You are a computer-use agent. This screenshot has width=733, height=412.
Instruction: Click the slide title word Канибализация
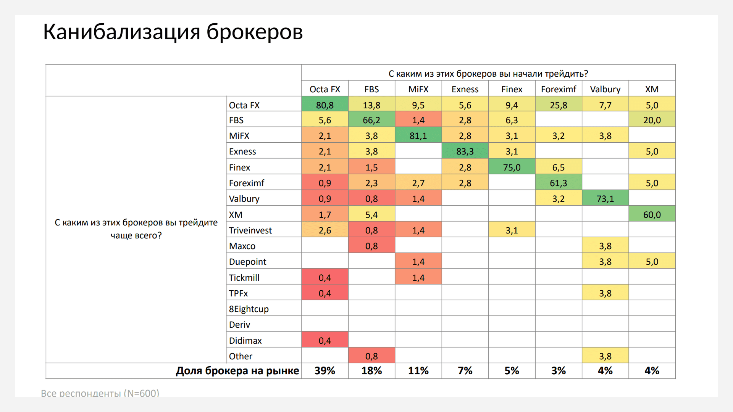121,32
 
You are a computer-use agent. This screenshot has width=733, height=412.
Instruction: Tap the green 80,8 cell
325,105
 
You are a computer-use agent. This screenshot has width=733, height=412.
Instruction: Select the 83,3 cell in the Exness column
465,151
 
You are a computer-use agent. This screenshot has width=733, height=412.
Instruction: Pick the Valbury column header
605,89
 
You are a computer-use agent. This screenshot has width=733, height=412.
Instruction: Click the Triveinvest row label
250,230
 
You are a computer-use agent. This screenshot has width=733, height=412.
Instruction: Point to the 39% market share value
325,371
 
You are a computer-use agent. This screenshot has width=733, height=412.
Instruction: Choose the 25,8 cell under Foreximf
558,105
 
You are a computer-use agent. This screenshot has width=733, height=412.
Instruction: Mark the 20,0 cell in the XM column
652,120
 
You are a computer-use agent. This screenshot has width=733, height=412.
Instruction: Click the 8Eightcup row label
249,309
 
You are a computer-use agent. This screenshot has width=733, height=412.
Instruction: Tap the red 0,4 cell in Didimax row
325,340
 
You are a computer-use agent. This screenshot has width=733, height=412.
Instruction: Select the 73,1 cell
605,199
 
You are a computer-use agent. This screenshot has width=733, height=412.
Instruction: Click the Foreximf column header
558,89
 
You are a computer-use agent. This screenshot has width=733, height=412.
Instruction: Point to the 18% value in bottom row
371,371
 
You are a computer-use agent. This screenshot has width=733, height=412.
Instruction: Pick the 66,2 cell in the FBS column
371,120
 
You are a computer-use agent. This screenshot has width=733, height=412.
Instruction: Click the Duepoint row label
247,262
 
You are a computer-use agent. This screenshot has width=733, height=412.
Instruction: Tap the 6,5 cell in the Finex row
558,167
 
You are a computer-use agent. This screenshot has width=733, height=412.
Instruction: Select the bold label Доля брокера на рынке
237,371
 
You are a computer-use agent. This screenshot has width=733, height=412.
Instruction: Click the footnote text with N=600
100,393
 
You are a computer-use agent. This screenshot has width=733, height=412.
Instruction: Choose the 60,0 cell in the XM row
652,214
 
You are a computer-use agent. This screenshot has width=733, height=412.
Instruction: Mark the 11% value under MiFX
418,371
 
